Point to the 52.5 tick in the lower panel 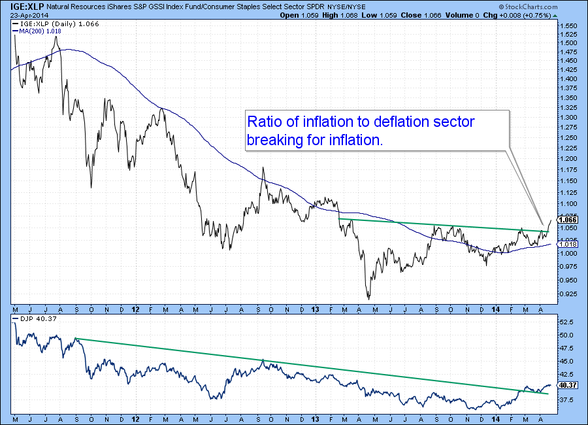click(x=566, y=322)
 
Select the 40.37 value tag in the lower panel click(x=566, y=385)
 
